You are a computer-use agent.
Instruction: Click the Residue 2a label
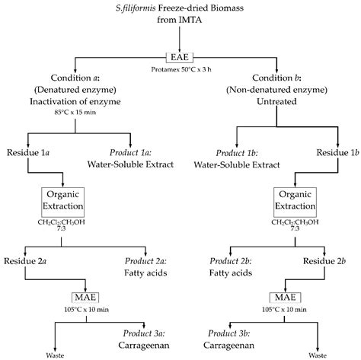click(x=30, y=260)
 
